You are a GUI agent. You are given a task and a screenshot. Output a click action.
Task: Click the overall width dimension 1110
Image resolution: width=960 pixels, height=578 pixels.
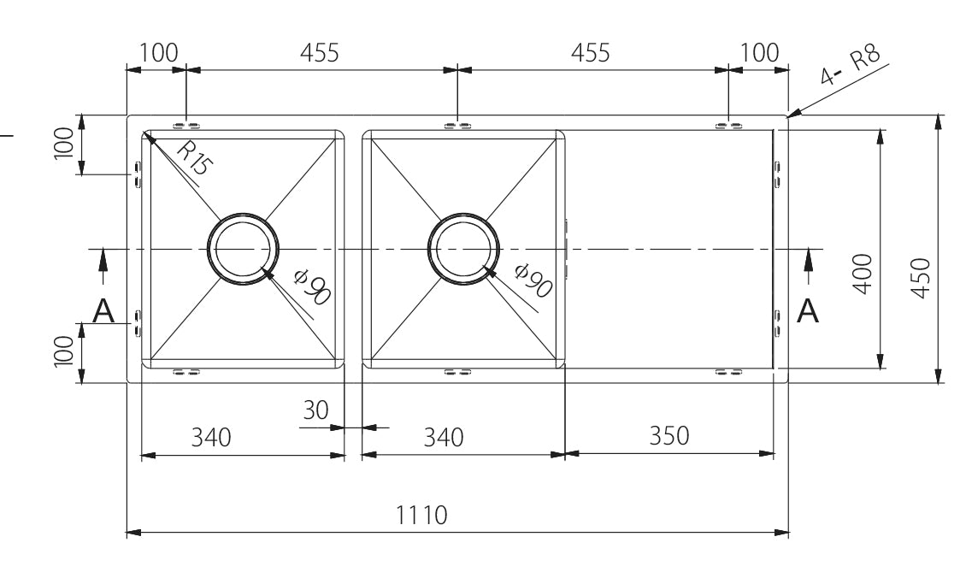[x=421, y=515]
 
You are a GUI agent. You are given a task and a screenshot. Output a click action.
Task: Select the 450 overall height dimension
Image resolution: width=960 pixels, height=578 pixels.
[x=921, y=278]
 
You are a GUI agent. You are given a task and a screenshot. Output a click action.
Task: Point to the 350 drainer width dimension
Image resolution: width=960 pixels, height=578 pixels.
[x=668, y=435]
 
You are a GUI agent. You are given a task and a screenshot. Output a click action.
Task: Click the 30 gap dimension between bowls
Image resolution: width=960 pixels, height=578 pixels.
[x=316, y=410]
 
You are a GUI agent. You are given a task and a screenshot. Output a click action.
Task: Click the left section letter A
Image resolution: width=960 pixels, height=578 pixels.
[x=103, y=310]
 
